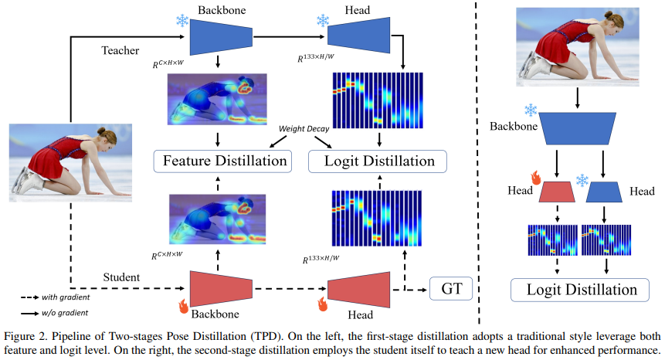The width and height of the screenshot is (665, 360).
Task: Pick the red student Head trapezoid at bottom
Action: (x=358, y=290)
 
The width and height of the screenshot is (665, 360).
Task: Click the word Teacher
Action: (x=120, y=50)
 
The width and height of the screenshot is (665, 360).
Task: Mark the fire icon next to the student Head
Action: (x=320, y=304)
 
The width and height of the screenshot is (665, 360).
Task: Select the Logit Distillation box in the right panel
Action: (x=576, y=290)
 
